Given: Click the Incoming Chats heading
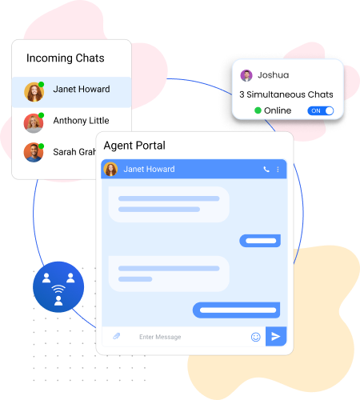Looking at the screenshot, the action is pyautogui.click(x=66, y=58).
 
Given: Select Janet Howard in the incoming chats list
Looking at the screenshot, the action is pyautogui.click(x=82, y=89).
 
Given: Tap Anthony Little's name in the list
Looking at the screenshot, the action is pyautogui.click(x=81, y=121).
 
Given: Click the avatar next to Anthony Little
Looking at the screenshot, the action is pyautogui.click(x=34, y=123).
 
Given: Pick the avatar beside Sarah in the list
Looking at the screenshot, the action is pyautogui.click(x=34, y=153).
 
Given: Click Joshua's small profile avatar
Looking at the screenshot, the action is pyautogui.click(x=246, y=75).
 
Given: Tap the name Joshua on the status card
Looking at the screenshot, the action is pyautogui.click(x=274, y=75).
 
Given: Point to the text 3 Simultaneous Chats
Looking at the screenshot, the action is pyautogui.click(x=286, y=94).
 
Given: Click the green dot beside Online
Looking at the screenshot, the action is pyautogui.click(x=258, y=110).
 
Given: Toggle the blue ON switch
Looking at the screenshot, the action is pyautogui.click(x=321, y=110).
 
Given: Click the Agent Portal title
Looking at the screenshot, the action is pyautogui.click(x=134, y=146).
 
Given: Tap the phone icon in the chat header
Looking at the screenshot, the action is pyautogui.click(x=266, y=169).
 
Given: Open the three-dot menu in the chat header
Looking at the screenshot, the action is pyautogui.click(x=278, y=170).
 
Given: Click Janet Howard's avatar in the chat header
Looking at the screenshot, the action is pyautogui.click(x=110, y=169).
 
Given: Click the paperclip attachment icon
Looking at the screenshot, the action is pyautogui.click(x=117, y=336).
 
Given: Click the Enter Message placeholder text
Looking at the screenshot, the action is pyautogui.click(x=160, y=337).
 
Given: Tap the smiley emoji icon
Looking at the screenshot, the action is pyautogui.click(x=256, y=337).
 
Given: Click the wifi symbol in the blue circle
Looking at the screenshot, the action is pyautogui.click(x=58, y=289).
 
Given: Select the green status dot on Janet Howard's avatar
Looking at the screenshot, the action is pyautogui.click(x=41, y=85).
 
